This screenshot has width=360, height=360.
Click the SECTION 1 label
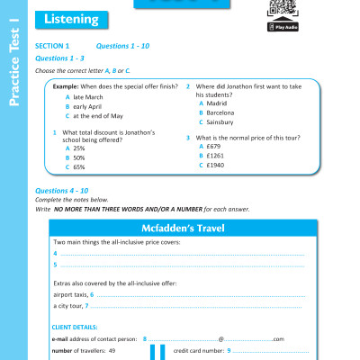tap(51, 44)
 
